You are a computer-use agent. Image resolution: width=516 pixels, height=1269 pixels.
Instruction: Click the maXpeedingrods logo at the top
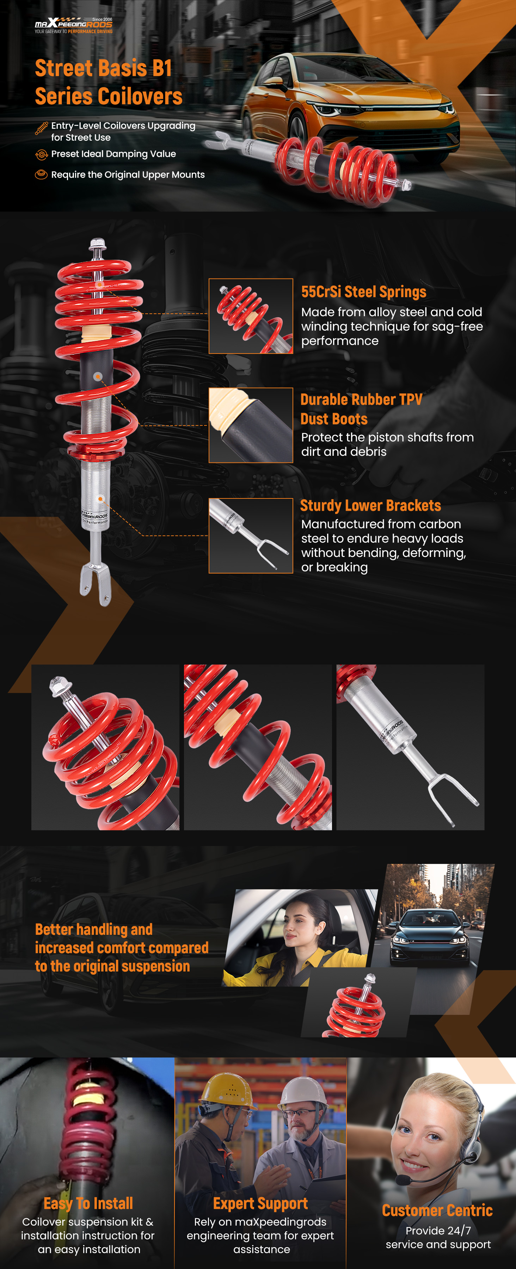click(73, 25)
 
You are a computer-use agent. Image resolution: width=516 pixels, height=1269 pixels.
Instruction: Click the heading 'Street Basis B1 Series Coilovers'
click(108, 82)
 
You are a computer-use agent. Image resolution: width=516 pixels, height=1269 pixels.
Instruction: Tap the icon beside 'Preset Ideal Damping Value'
click(41, 155)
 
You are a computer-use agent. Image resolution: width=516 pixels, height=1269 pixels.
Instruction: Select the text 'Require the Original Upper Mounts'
click(128, 174)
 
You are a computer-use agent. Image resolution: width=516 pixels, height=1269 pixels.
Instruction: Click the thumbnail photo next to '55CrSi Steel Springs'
click(251, 316)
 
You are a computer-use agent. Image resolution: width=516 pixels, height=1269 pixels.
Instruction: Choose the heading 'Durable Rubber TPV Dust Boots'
click(361, 409)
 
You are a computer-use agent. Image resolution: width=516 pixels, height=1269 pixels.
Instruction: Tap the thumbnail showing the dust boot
click(251, 425)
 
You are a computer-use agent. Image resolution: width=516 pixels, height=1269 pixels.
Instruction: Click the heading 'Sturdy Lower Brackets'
click(370, 505)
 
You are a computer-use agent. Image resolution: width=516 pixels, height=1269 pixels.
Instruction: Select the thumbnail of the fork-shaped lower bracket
click(251, 535)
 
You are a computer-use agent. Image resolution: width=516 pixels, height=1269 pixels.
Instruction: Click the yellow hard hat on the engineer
click(227, 1091)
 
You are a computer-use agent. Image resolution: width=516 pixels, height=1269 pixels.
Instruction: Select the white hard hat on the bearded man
click(303, 1092)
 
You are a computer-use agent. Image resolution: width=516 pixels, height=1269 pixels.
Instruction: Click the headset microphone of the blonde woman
click(403, 1180)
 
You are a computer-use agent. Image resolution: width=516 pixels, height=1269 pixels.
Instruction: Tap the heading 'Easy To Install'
click(88, 1203)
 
